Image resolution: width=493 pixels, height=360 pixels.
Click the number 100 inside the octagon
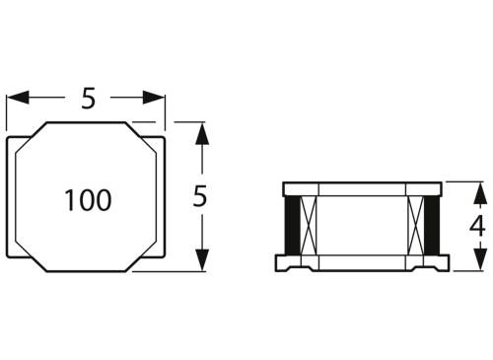pos(88,201)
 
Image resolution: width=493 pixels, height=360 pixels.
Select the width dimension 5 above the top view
pos(88,99)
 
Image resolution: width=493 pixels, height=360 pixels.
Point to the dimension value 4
pos(476,225)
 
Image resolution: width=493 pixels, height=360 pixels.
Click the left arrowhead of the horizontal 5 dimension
pos(16,98)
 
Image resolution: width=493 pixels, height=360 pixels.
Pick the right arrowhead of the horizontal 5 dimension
pos(158,98)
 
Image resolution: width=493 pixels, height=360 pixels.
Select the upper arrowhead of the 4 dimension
pos(476,189)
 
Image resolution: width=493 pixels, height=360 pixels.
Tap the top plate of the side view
pos(361,188)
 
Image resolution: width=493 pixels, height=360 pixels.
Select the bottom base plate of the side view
pos(361,263)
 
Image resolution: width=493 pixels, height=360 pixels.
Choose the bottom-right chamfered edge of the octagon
pos(144,259)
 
